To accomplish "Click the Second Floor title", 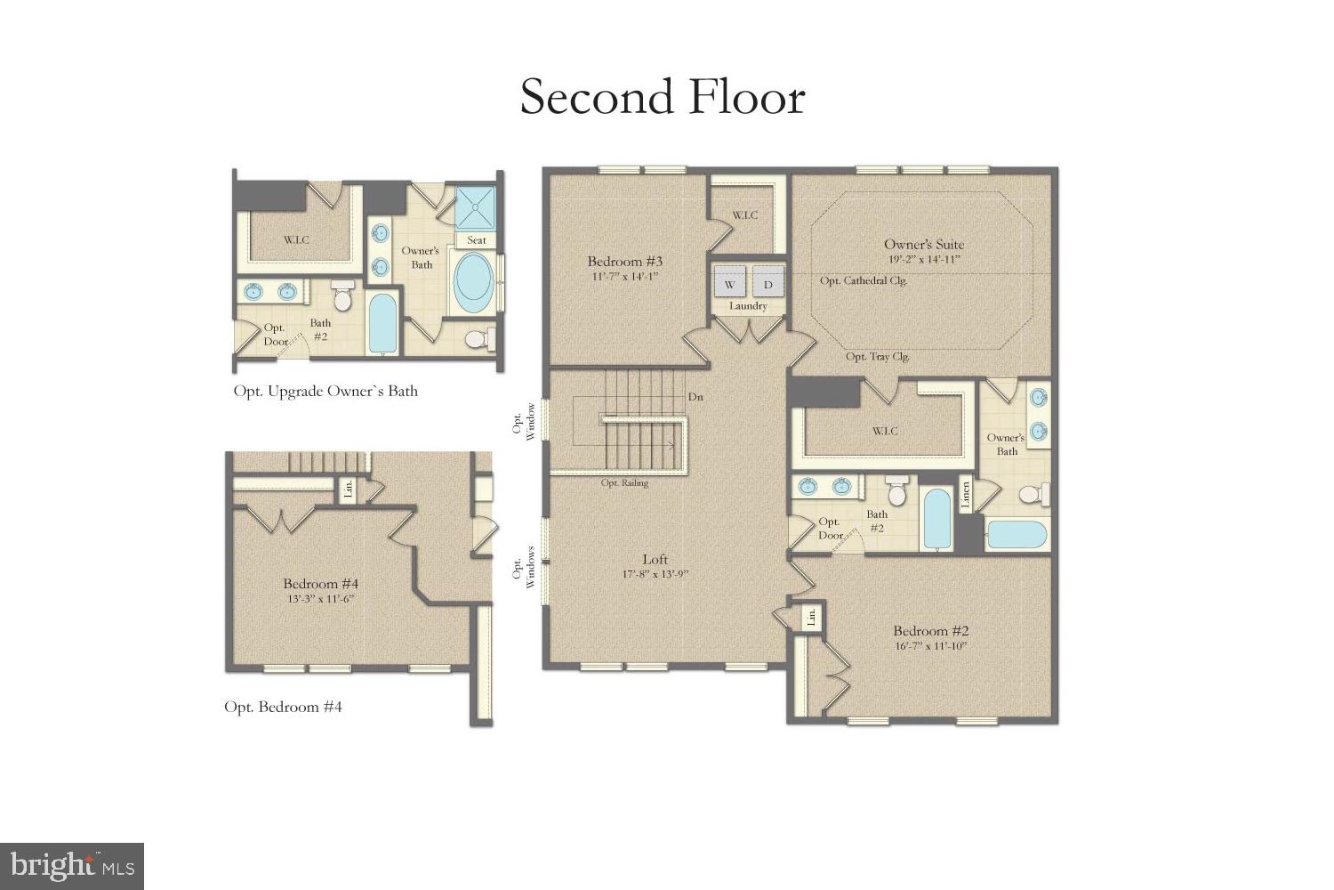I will [x=663, y=97].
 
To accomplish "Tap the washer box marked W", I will [x=730, y=284].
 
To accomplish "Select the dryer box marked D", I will [x=768, y=284].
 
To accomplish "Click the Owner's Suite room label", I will [x=923, y=244].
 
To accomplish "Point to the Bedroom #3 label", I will [x=625, y=262].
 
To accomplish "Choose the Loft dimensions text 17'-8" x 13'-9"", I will [x=655, y=575].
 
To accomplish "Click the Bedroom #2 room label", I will [x=930, y=631].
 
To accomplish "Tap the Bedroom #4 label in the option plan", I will [x=320, y=584].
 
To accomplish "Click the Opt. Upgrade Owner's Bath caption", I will [x=325, y=391].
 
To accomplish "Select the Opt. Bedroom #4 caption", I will [x=283, y=707].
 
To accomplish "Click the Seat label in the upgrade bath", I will [x=477, y=240].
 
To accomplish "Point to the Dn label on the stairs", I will [x=695, y=397].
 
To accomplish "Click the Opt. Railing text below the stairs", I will [x=624, y=483].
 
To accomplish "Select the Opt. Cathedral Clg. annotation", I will [x=863, y=281].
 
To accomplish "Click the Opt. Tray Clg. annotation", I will [x=877, y=357].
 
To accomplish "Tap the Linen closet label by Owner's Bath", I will [x=966, y=495].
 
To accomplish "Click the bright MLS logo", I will [x=72, y=865].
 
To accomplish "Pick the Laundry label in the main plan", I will [x=748, y=306].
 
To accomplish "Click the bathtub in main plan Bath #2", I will [x=936, y=519].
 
